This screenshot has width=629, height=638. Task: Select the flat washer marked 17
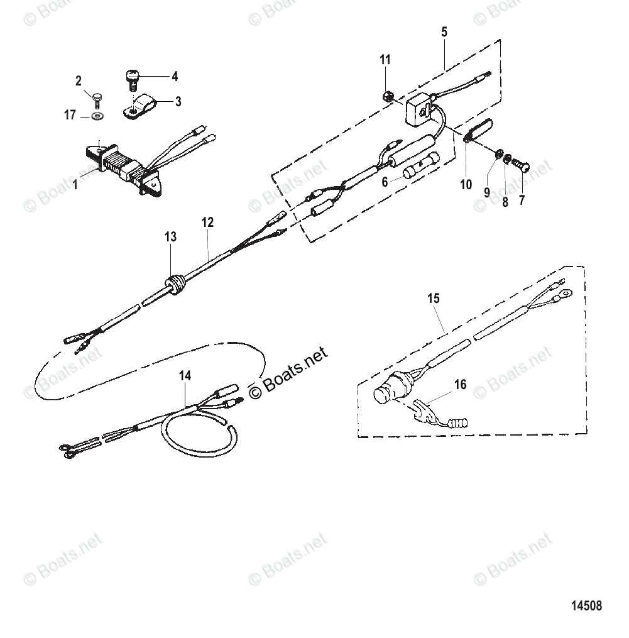(97, 116)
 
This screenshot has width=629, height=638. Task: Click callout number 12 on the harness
(207, 222)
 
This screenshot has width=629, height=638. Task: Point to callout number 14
(184, 376)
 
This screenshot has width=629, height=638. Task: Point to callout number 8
(504, 202)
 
